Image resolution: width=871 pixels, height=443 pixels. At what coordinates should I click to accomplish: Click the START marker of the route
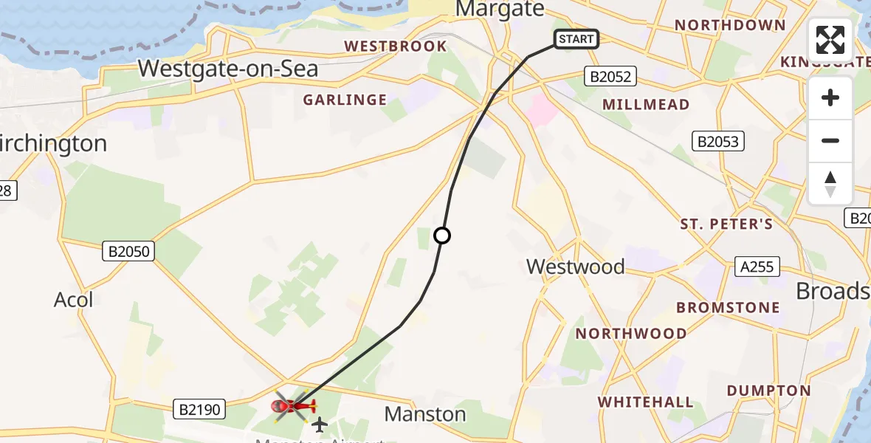click(x=576, y=39)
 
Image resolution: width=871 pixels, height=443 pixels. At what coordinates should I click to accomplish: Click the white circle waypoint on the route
click(x=442, y=236)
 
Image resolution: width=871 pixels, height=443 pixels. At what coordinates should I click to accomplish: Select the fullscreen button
click(x=830, y=40)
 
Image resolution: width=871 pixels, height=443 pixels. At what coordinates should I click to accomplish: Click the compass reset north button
click(x=830, y=184)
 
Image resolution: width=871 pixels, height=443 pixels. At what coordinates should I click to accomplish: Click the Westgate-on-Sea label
click(x=228, y=69)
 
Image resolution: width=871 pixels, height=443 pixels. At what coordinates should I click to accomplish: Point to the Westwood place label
click(x=576, y=267)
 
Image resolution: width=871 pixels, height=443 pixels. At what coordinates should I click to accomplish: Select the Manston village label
click(x=425, y=414)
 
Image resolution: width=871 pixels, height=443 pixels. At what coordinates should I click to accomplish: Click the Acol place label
click(x=74, y=300)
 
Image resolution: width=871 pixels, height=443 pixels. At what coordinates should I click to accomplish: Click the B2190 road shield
click(x=199, y=408)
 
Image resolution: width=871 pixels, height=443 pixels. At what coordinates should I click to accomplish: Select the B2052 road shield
click(x=609, y=76)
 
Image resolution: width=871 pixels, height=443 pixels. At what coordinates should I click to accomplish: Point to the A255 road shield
click(x=757, y=267)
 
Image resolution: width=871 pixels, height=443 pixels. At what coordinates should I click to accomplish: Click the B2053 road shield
click(x=718, y=141)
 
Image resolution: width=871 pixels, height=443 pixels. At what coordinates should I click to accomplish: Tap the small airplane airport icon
click(x=320, y=424)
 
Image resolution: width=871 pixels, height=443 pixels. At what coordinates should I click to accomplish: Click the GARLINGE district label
click(x=345, y=100)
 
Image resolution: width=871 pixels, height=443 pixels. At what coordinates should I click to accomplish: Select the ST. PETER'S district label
click(x=726, y=224)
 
